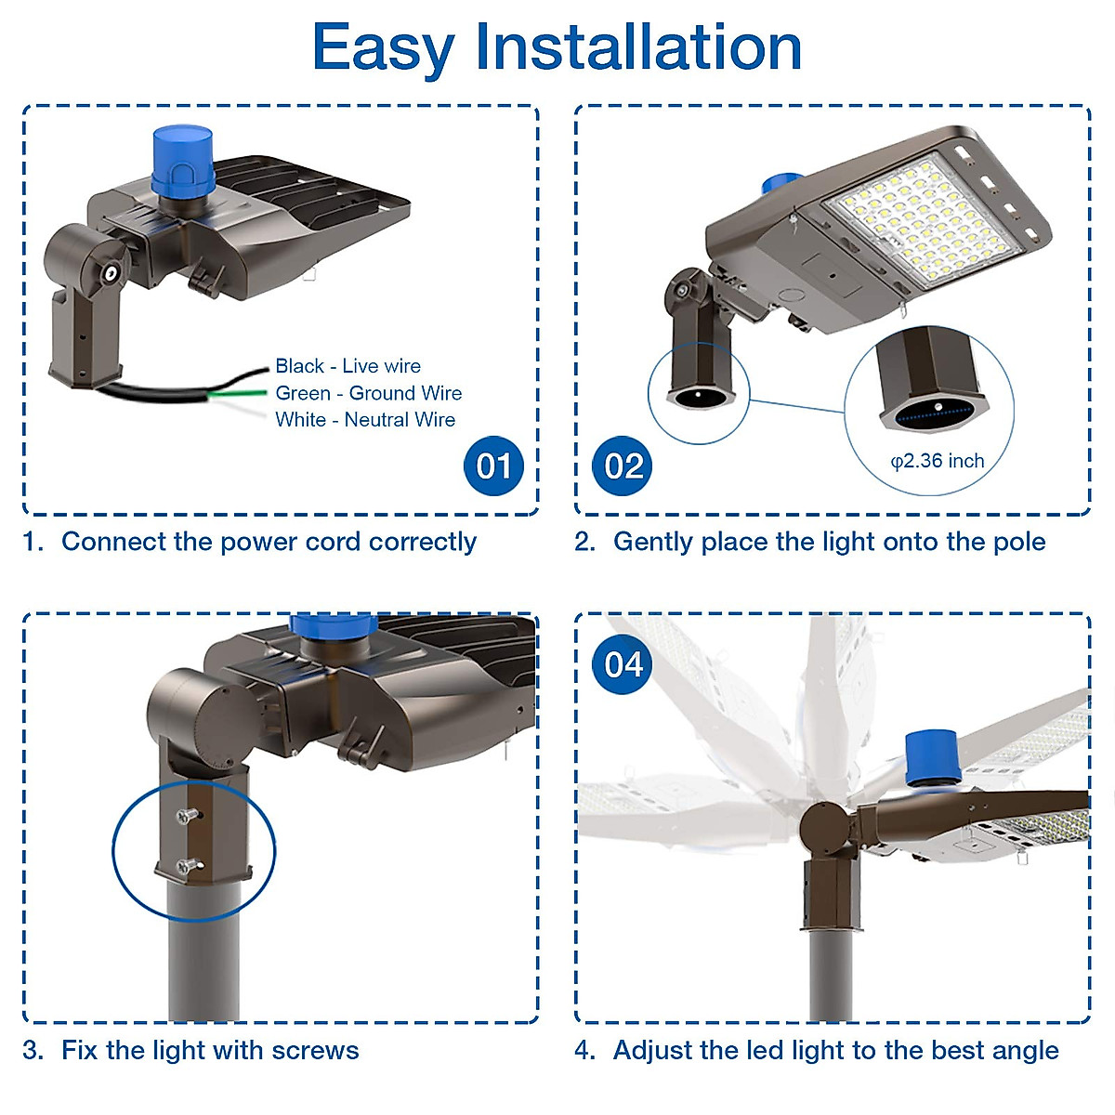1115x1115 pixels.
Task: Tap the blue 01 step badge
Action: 493,466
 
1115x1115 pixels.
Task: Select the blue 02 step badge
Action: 623,466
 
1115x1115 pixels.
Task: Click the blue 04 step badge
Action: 623,664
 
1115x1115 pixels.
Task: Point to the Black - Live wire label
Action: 348,366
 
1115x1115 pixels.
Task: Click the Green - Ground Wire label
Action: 368,393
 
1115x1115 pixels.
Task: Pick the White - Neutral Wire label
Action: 364,420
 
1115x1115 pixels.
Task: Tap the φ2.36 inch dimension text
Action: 937,461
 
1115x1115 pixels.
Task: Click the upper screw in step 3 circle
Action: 187,815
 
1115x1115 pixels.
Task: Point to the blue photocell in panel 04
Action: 933,757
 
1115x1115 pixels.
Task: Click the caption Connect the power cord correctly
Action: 268,542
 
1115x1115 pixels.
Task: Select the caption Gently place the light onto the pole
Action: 828,542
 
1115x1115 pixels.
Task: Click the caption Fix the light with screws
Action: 209,1051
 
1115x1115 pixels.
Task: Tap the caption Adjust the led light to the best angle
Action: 834,1051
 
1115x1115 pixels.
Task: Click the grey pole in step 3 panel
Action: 203,957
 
